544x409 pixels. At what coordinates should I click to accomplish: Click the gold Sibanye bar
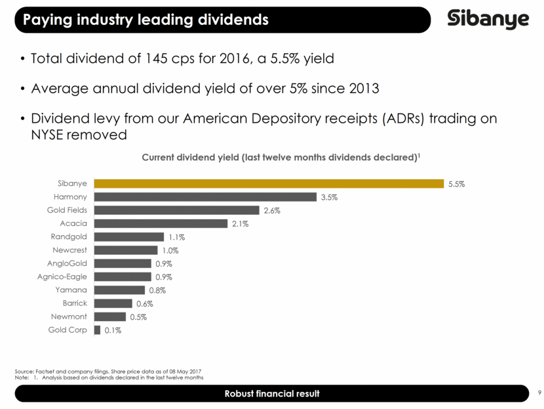click(269, 184)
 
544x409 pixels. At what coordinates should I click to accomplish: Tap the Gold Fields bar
click(176, 210)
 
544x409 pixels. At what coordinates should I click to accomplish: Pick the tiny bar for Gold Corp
click(97, 330)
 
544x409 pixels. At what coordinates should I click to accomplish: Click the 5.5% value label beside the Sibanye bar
click(456, 184)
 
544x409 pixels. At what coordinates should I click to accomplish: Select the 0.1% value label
click(113, 331)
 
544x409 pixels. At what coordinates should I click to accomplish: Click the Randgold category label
click(69, 237)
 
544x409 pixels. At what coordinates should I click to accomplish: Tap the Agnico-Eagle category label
click(62, 277)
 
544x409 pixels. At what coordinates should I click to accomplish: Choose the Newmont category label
click(69, 316)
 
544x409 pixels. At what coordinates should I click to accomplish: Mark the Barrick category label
click(75, 303)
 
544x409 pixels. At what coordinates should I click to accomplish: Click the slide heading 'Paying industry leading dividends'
click(146, 20)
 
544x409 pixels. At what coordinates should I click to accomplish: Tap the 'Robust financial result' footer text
click(271, 394)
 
